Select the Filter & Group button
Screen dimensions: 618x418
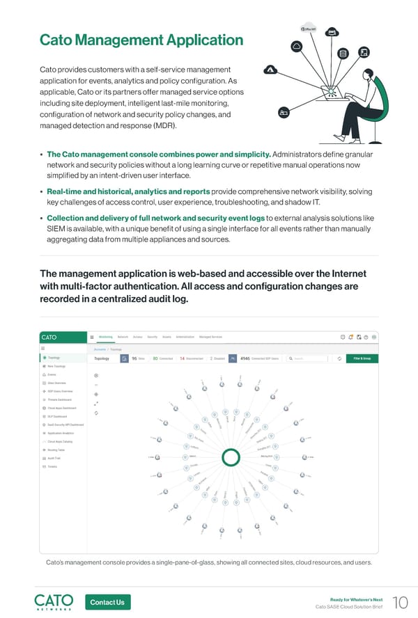pos(361,359)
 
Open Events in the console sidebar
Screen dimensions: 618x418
pos(53,374)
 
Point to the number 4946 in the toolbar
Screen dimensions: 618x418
pos(245,359)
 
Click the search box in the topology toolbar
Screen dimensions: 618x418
pos(307,359)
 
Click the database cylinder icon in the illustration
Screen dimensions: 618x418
pos(342,54)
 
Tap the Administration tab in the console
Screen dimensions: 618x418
pos(180,336)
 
